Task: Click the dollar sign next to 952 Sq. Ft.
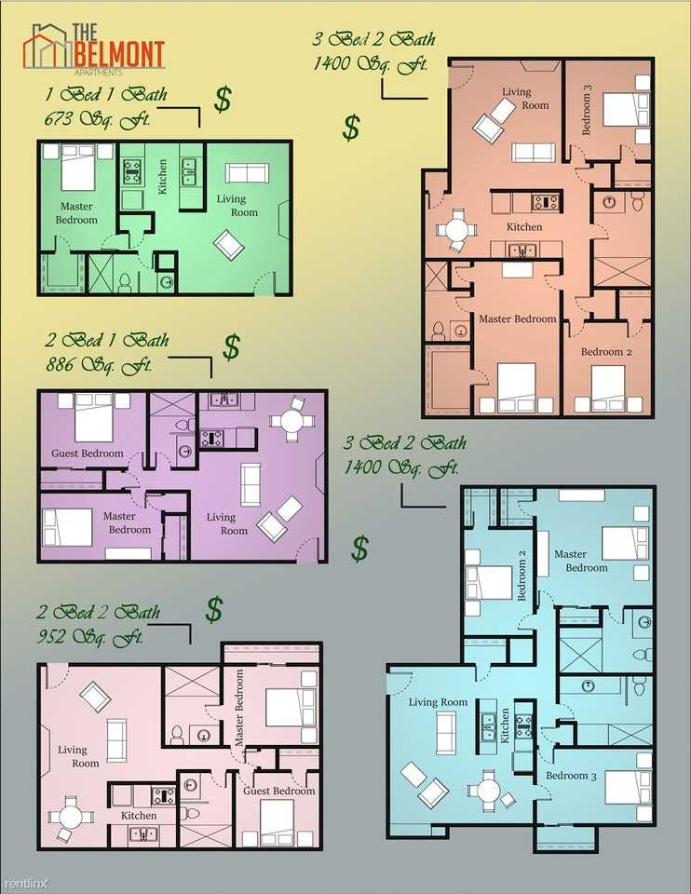pos(214,610)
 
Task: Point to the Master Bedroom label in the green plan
pos(77,213)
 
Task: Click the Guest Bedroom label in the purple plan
pos(88,454)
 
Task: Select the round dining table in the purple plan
pos(292,421)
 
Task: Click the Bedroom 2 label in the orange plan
pos(606,352)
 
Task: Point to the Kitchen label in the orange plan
pos(524,227)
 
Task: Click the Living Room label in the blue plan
pos(439,702)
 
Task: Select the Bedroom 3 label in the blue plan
pos(566,775)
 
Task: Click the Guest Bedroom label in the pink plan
pos(279,791)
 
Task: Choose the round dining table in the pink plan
pos(72,815)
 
